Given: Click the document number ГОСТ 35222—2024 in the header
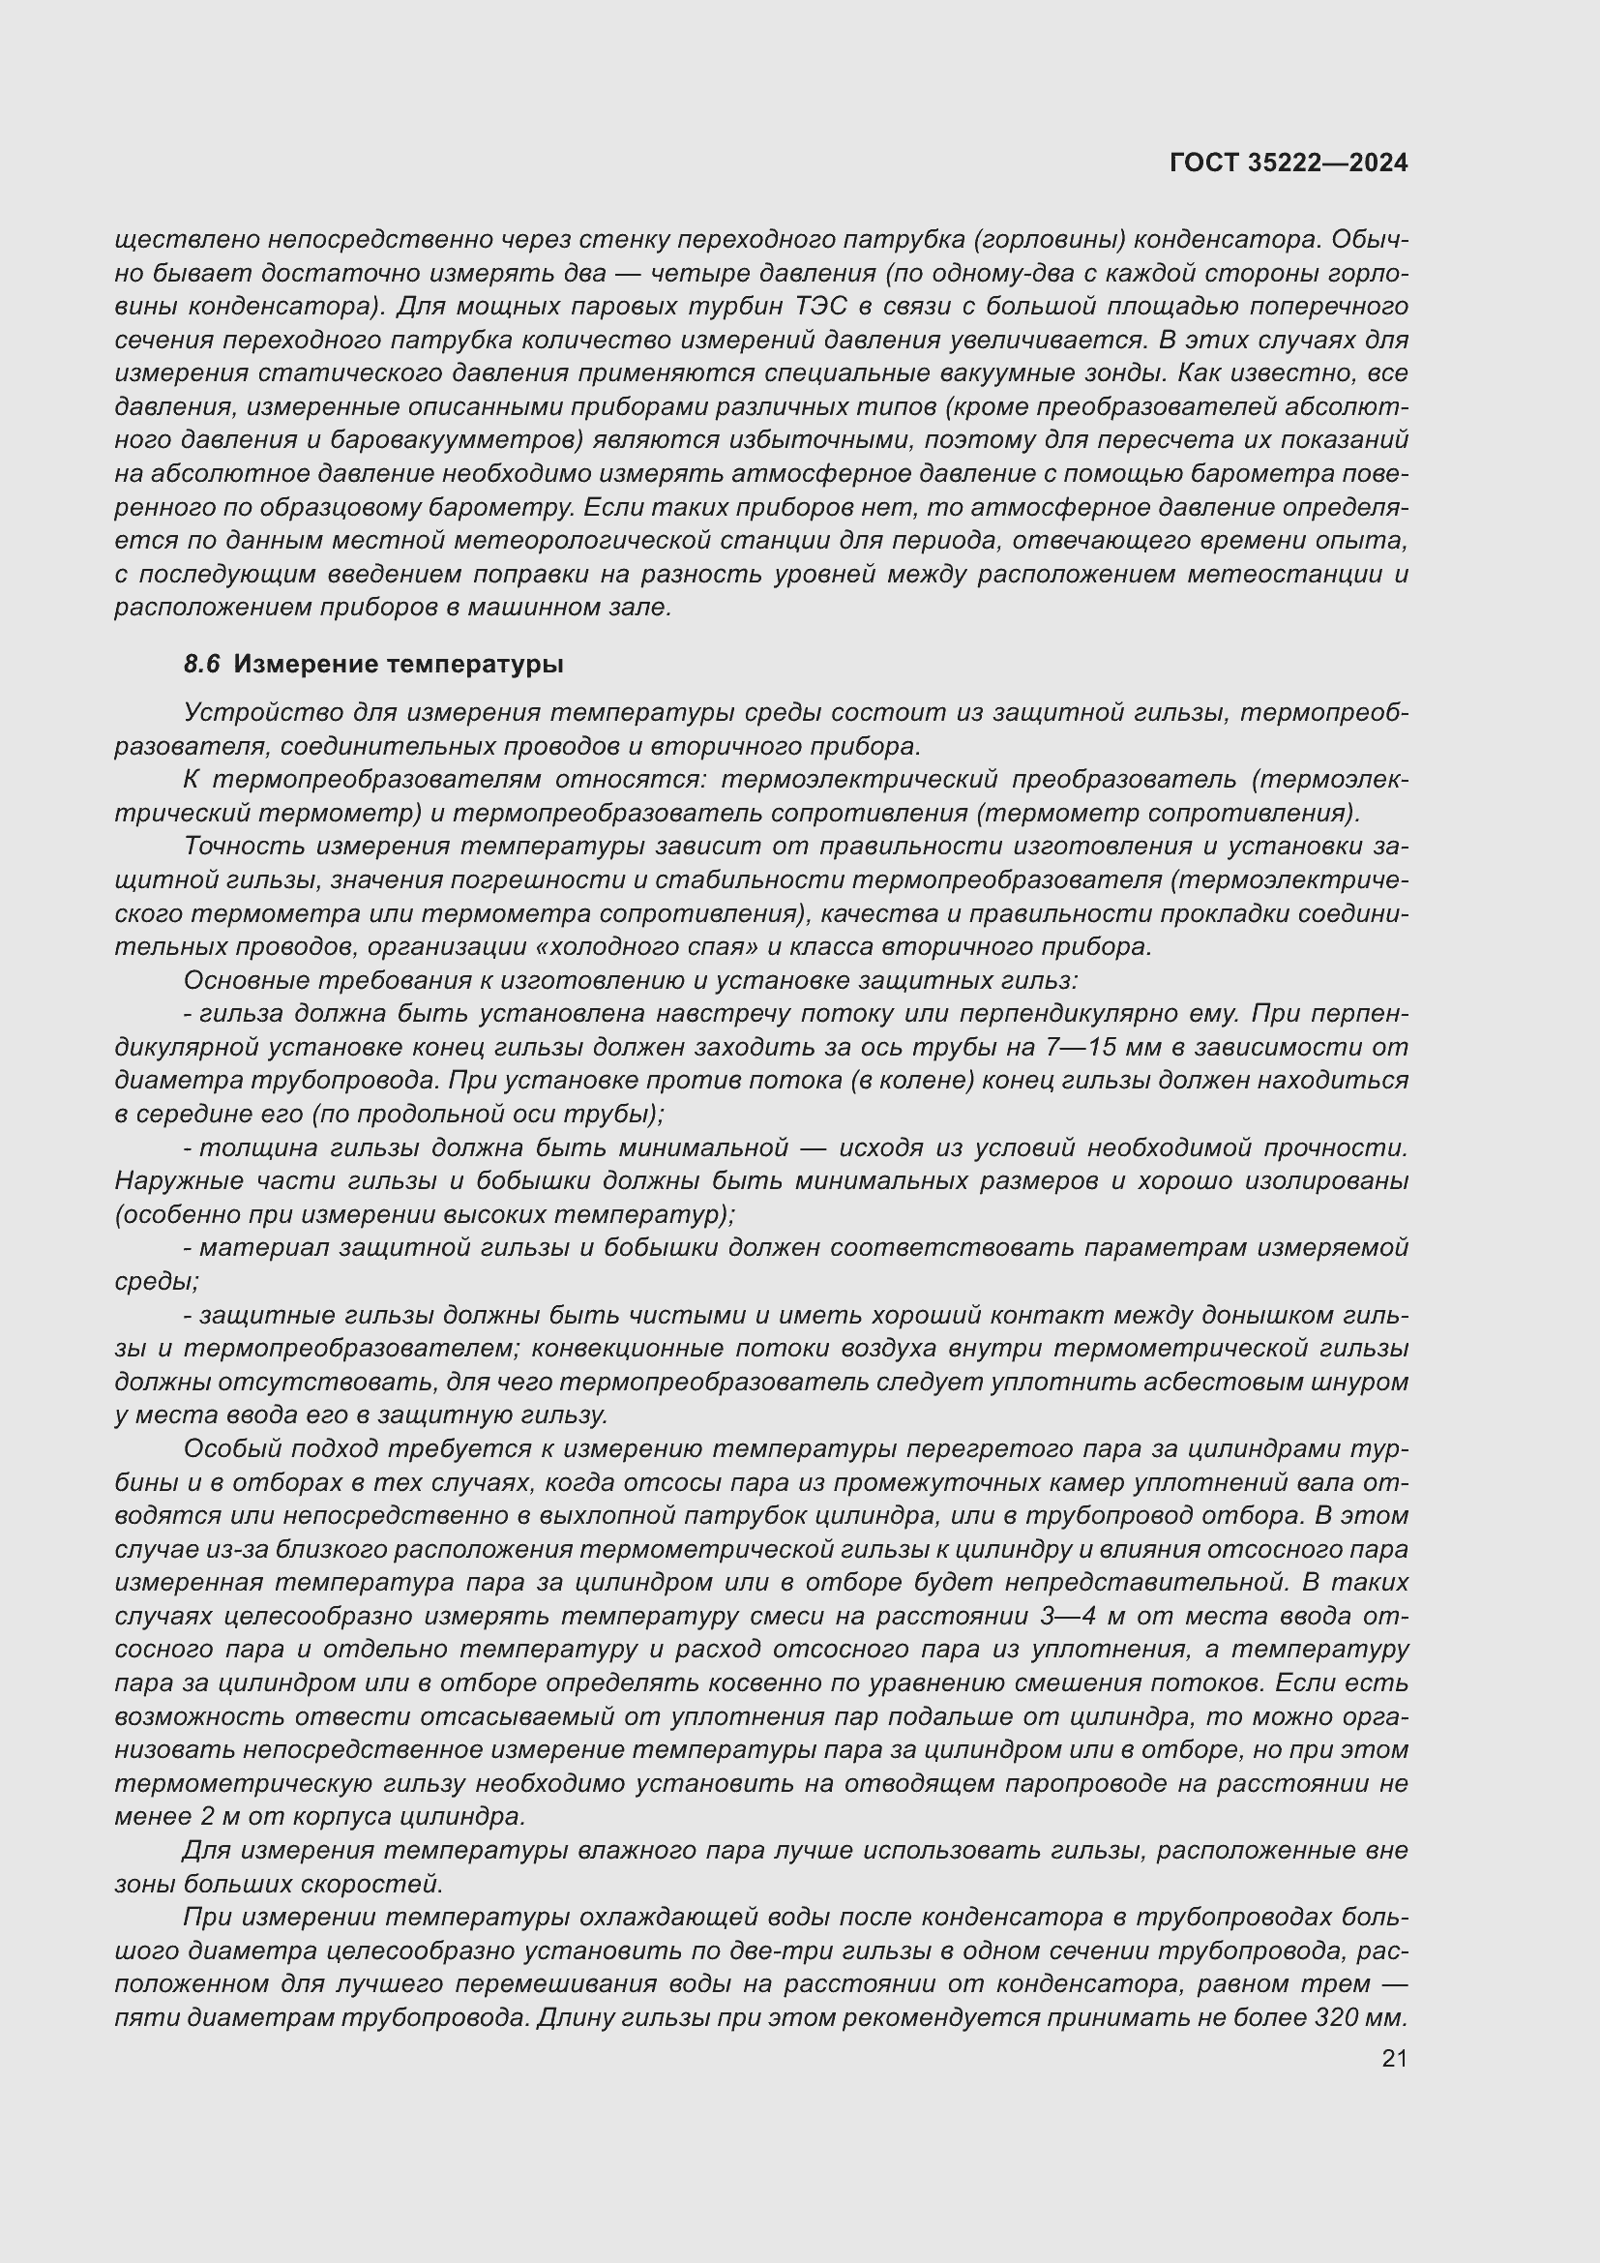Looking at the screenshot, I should [1288, 163].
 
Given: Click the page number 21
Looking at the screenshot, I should [1394, 2058].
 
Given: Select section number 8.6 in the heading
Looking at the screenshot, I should [201, 665].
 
